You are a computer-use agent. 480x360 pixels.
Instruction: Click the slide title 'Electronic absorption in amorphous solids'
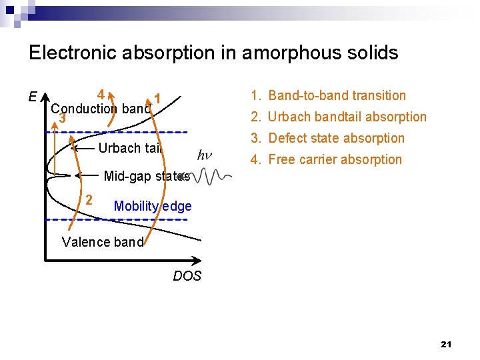[213, 53]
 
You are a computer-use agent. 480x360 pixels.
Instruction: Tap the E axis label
[33, 97]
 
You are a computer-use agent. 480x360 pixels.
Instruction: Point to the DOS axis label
[187, 276]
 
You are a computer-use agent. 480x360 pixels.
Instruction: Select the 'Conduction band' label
[101, 109]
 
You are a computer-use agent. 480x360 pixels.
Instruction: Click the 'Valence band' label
[102, 242]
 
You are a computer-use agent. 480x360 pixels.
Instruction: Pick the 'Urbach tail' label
[130, 148]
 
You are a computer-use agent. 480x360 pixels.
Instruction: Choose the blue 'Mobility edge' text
[153, 206]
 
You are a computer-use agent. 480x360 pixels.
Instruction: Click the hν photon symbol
[206, 155]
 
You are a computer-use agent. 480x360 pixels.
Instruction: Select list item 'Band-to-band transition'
[337, 95]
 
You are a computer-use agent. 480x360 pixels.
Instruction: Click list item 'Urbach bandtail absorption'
[347, 117]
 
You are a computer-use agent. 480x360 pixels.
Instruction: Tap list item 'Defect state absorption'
[336, 138]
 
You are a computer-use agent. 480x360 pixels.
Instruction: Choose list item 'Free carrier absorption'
[335, 159]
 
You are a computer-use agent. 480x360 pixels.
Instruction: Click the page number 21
[446, 344]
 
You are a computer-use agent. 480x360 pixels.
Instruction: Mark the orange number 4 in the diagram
[100, 94]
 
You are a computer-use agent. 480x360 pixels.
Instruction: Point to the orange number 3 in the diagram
[62, 119]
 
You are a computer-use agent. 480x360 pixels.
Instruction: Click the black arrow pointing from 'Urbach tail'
[83, 149]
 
